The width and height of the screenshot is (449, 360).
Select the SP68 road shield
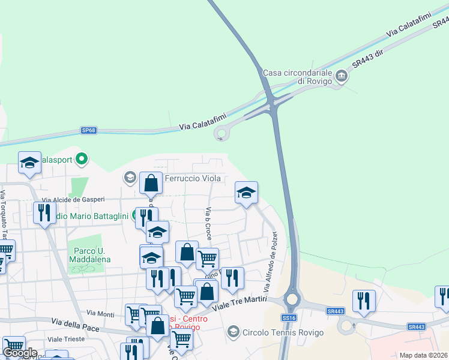click(89, 130)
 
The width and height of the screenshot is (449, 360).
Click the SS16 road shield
click(289, 317)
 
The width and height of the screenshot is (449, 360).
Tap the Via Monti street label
click(100, 313)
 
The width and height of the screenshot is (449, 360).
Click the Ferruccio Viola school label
click(193, 178)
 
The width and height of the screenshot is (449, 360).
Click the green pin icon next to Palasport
click(82, 159)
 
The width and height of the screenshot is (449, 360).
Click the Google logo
click(19, 353)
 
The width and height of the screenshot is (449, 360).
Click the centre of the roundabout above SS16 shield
click(292, 298)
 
